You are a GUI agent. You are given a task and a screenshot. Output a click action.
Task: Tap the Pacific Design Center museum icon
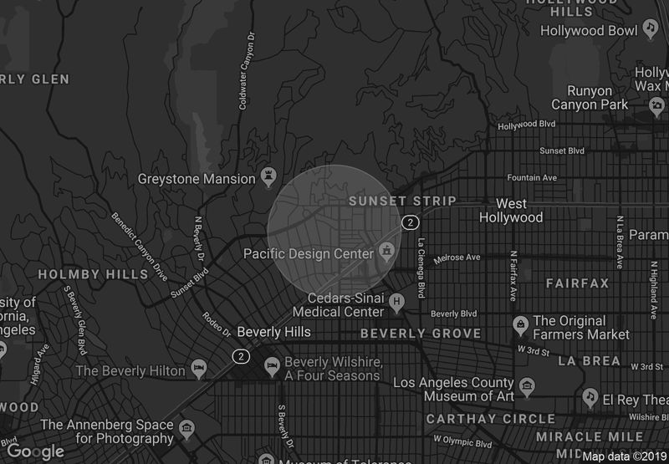tap(386, 250)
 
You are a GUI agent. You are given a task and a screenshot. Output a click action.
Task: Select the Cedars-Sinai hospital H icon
tap(397, 298)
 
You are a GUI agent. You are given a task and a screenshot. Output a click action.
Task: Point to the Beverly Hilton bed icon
tap(199, 369)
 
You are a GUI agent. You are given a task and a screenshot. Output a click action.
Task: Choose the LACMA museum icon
tap(527, 387)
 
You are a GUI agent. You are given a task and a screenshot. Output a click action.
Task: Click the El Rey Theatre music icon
tap(591, 395)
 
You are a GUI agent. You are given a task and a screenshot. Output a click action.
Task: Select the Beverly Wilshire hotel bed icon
tap(271, 365)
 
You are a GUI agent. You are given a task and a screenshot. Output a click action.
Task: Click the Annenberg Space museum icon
tap(187, 430)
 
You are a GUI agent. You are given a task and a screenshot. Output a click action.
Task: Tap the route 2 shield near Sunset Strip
tap(409, 222)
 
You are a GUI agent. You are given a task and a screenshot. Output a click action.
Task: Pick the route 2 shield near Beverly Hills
tap(241, 356)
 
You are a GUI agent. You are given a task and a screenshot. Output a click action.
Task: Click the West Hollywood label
tap(511, 211)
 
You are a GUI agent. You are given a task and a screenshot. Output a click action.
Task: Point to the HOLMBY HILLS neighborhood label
tap(81, 274)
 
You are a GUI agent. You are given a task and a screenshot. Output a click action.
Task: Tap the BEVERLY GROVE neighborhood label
tap(421, 334)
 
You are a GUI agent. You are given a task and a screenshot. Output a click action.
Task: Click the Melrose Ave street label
tap(457, 257)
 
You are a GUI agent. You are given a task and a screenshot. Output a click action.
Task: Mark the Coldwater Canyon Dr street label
tap(244, 72)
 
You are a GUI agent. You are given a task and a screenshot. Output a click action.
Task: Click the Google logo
tap(35, 451)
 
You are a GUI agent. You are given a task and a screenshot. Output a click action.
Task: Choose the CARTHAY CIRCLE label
tap(490, 418)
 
